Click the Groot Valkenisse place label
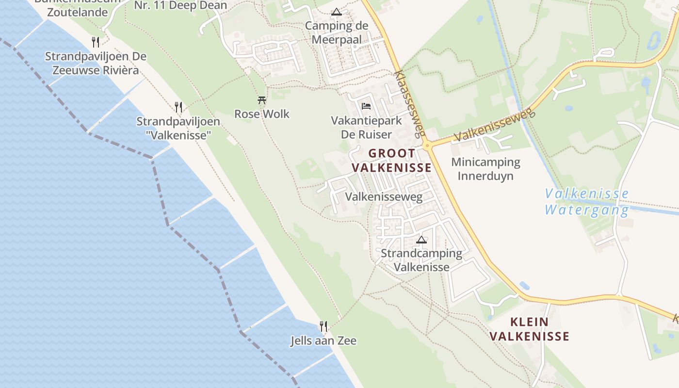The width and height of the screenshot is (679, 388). pos(391,161)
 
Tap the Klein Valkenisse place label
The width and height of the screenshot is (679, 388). pos(529,329)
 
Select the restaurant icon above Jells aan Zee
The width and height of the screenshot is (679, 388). pos(323,326)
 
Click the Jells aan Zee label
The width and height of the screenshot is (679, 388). pos(323,341)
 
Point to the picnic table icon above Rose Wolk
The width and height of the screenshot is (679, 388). pos(262,100)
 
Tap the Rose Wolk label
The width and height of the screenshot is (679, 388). pos(262,114)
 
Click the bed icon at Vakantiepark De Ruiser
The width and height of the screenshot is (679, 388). pos(366,106)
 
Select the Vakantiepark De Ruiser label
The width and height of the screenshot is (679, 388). pos(366,127)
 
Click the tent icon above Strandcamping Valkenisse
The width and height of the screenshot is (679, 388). pos(421,240)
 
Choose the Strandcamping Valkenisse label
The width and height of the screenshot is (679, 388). pos(421,260)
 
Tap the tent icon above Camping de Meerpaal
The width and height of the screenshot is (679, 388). pos(337,12)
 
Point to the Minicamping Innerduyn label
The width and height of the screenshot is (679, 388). pos(485,169)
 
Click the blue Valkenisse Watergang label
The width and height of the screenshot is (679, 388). pos(587,202)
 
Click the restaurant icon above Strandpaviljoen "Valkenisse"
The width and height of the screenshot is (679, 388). pos(178,107)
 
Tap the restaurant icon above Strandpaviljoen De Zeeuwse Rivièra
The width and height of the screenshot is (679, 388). pos(96,42)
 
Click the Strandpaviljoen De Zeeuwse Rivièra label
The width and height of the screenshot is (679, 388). pos(96,63)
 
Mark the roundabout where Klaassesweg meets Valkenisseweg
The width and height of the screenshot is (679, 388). pos(427,145)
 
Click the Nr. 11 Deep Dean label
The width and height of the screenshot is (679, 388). pos(180,6)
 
